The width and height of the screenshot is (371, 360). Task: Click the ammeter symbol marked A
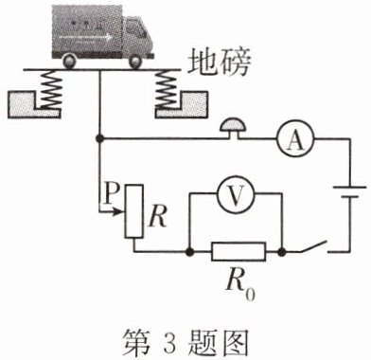(x=295, y=138)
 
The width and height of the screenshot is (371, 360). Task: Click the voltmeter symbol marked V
(x=236, y=195)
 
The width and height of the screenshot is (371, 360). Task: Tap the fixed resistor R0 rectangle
(x=238, y=252)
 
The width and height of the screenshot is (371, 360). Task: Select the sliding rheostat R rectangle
(x=134, y=211)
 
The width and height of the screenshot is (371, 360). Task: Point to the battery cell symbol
(x=350, y=192)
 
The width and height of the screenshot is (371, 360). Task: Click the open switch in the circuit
(x=313, y=247)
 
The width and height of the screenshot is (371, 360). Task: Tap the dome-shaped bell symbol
(x=234, y=125)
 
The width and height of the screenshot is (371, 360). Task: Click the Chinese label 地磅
(x=220, y=63)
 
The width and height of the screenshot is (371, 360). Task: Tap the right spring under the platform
(x=166, y=89)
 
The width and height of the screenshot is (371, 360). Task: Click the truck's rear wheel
(x=70, y=61)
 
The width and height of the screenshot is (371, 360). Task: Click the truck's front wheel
(x=136, y=61)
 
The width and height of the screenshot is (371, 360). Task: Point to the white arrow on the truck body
(x=85, y=38)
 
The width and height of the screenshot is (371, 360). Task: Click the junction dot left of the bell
(x=99, y=138)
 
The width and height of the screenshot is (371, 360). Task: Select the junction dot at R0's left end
(x=189, y=252)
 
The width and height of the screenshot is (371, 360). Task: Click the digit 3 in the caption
(x=169, y=343)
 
